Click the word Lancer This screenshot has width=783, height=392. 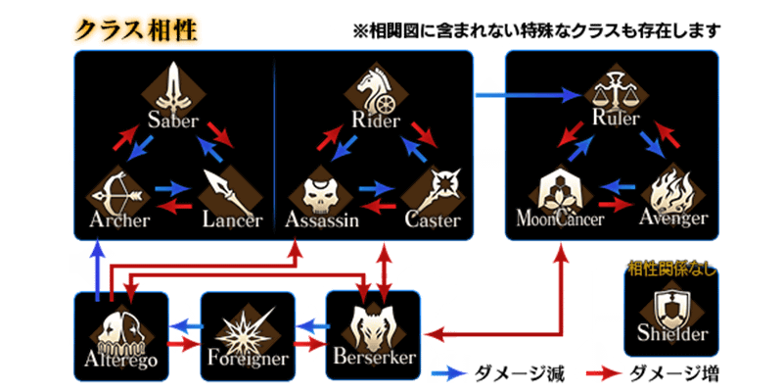pos(233,220)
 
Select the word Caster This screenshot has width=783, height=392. pos(432,220)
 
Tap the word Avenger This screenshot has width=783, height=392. pos(672,218)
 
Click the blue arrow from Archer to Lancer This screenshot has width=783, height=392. pos(174,186)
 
